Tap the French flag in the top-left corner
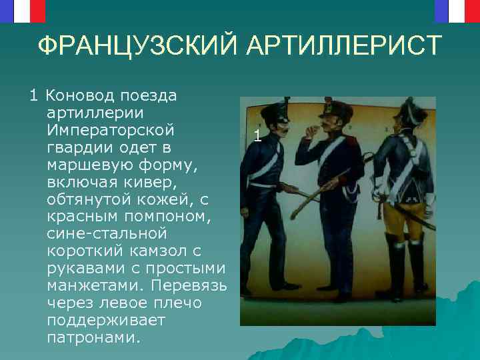point(23,10)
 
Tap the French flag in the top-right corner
point(457,10)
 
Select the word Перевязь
point(190,286)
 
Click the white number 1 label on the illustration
point(257,136)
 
